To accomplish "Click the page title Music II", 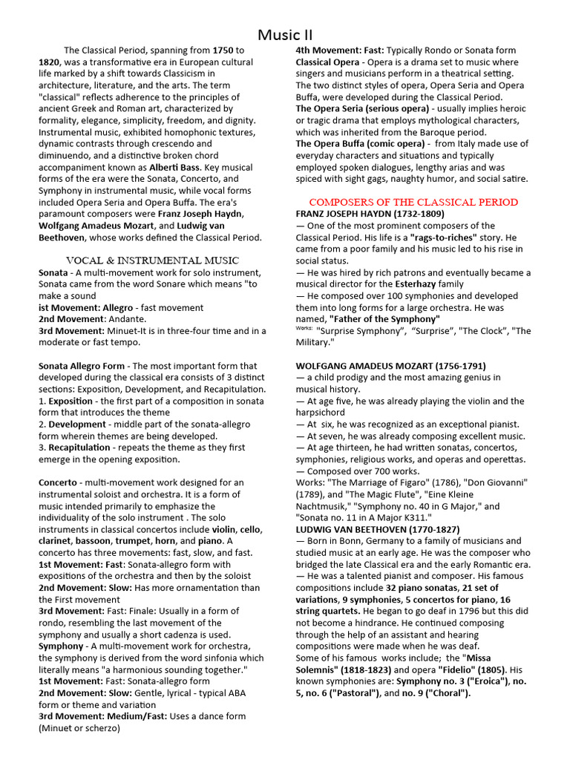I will pos(285,35).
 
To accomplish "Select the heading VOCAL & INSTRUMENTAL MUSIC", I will pos(152,261).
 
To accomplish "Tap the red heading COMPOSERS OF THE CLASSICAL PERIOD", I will pos(413,202).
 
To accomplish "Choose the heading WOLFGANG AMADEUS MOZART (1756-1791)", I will pos(391,366).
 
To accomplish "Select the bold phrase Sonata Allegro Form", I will pos(82,366).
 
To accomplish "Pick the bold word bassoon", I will pos(95,541).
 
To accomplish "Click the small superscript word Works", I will pos(304,327).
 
